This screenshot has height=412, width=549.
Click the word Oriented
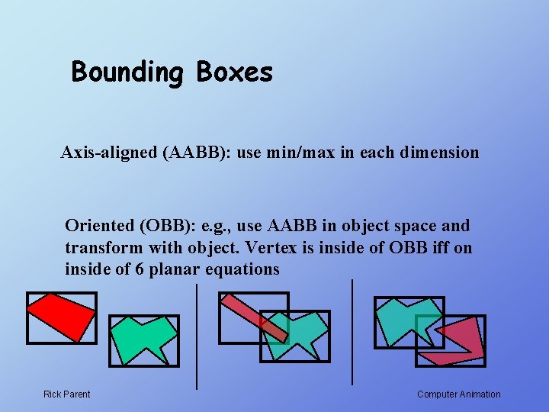point(97,226)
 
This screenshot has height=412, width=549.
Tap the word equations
point(243,270)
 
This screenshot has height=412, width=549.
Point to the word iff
point(435,248)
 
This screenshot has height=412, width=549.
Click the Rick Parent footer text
point(66,394)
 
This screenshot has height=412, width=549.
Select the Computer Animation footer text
point(459,394)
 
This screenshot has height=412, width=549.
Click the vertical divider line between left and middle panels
point(197,336)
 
